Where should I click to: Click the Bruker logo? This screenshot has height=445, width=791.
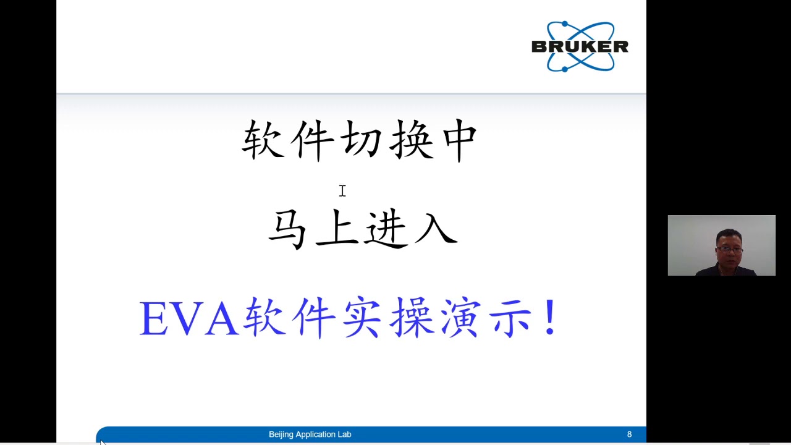tap(580, 46)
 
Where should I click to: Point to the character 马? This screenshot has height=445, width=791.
tap(287, 229)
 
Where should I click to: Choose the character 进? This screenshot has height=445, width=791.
tap(387, 229)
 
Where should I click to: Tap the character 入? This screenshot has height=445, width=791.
tap(436, 229)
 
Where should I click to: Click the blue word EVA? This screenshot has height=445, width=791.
tap(188, 319)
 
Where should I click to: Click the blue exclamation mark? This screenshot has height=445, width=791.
tap(550, 318)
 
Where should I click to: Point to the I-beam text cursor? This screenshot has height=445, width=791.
tap(342, 191)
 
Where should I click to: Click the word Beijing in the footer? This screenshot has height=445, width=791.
tap(282, 434)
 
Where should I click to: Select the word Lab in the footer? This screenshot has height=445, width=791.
tap(344, 434)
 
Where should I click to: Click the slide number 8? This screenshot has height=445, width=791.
tap(629, 434)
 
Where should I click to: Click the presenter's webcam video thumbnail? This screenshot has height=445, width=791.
tap(721, 245)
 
